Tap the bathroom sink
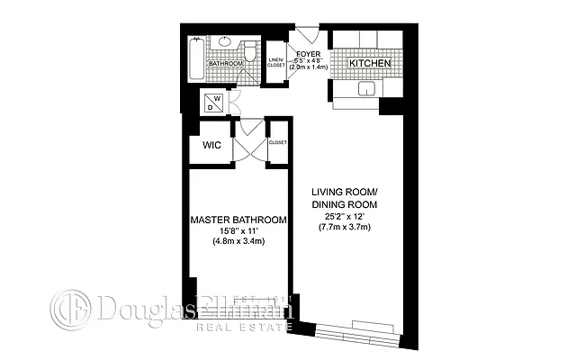(x=223, y=43)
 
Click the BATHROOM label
(x=226, y=64)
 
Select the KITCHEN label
(x=369, y=64)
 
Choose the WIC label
(x=212, y=145)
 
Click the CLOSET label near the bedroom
(x=277, y=142)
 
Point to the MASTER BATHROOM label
(x=238, y=220)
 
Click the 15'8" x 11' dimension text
(x=238, y=231)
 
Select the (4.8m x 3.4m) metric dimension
(x=238, y=243)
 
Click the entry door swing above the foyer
(x=307, y=36)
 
